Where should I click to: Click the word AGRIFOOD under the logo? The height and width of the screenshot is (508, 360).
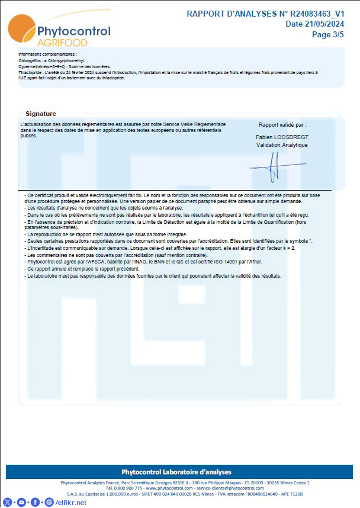point(62,43)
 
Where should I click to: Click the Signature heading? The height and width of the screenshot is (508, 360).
point(41,114)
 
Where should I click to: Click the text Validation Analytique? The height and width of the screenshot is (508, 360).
point(281,144)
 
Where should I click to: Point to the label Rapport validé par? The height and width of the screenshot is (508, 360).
point(282,125)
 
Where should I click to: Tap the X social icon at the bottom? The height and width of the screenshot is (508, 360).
point(8,502)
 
